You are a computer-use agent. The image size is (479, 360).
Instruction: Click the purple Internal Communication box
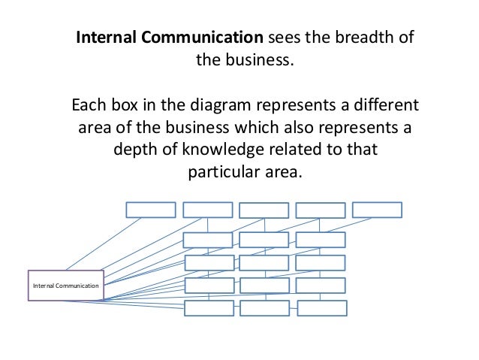tap(66, 285)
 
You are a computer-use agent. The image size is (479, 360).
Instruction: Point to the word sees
tap(285, 38)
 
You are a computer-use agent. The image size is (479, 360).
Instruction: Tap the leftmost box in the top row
tap(150, 210)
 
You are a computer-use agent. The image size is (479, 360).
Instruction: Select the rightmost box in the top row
tap(377, 210)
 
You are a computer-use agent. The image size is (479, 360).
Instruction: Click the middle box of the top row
tap(264, 210)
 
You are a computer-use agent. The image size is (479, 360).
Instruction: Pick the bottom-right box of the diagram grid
tap(321, 308)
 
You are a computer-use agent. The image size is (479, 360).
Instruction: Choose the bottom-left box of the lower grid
tap(208, 308)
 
